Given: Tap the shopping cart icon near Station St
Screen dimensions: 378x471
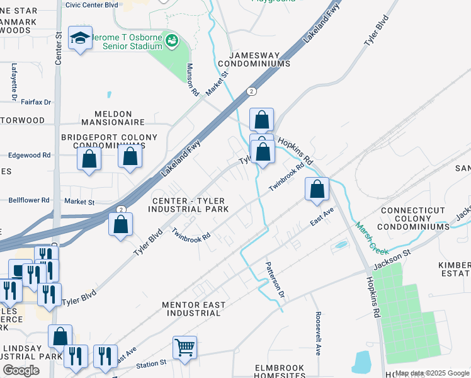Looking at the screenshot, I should pyautogui.click(x=184, y=346).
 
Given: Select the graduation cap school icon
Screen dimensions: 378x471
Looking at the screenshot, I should pyautogui.click(x=81, y=39).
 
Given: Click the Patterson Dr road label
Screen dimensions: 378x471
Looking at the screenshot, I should pyautogui.click(x=275, y=280).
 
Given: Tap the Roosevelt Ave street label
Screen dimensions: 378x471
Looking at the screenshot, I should pyautogui.click(x=319, y=341).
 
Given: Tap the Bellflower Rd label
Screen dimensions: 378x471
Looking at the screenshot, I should pyautogui.click(x=29, y=200).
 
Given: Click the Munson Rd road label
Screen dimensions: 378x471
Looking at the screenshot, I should pyautogui.click(x=193, y=80).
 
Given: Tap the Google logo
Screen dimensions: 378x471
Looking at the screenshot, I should pyautogui.click(x=21, y=370).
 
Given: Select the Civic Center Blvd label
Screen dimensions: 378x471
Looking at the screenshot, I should pyautogui.click(x=91, y=4).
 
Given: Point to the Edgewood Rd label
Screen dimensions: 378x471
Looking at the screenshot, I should pyautogui.click(x=29, y=155).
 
